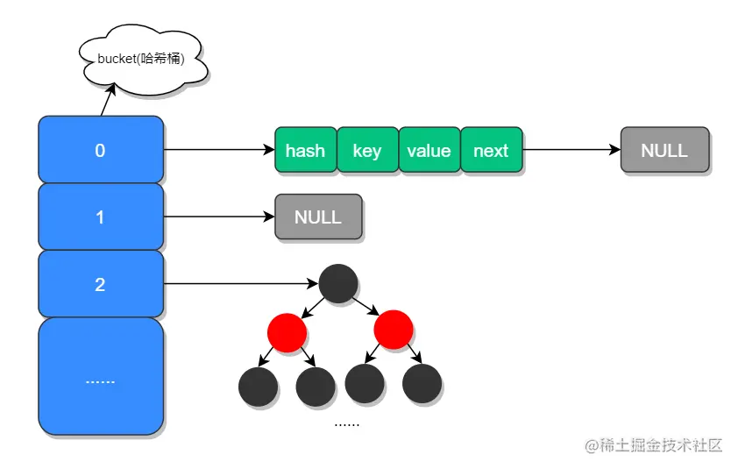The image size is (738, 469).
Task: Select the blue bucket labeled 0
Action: (x=101, y=150)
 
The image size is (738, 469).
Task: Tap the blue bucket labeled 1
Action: (x=101, y=217)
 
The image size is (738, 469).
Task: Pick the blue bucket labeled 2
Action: (x=101, y=284)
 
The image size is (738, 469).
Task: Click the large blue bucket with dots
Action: (x=101, y=378)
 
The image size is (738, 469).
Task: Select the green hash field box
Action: (x=305, y=150)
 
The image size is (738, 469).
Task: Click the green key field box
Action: (x=367, y=150)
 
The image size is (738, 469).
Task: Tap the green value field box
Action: (x=429, y=150)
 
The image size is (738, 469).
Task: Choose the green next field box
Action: (x=491, y=150)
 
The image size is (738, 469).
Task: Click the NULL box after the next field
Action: (x=664, y=150)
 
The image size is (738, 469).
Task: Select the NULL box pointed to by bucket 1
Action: (x=318, y=217)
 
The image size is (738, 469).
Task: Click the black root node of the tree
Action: (x=338, y=284)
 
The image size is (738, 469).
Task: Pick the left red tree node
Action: (x=287, y=332)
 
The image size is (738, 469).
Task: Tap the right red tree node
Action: (x=393, y=330)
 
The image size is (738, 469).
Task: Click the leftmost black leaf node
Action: (x=258, y=386)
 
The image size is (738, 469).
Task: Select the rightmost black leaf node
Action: (x=421, y=383)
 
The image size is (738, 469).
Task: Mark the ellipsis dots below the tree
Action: (x=347, y=423)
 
